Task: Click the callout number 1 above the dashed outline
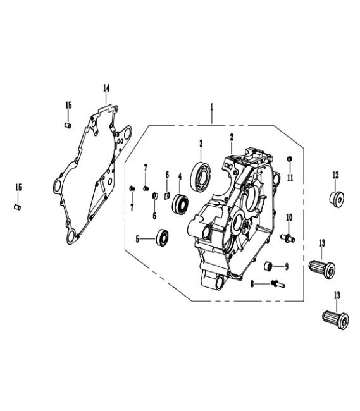click(x=211, y=107)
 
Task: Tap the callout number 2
click(x=232, y=137)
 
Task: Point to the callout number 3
click(x=201, y=144)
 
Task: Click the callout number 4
click(x=180, y=176)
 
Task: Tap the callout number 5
click(x=137, y=239)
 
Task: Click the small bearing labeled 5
click(x=163, y=238)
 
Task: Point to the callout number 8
click(x=252, y=284)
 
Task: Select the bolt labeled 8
click(x=278, y=284)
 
